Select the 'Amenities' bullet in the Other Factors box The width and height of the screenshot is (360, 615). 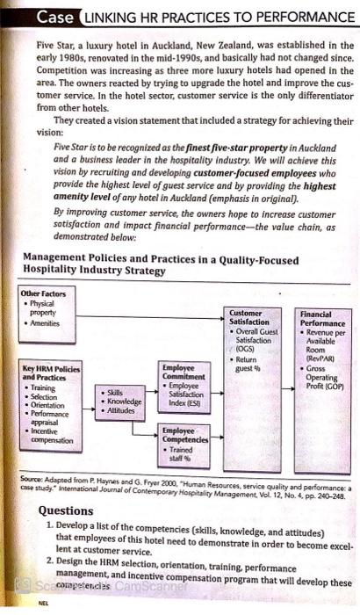[x=43, y=323]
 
